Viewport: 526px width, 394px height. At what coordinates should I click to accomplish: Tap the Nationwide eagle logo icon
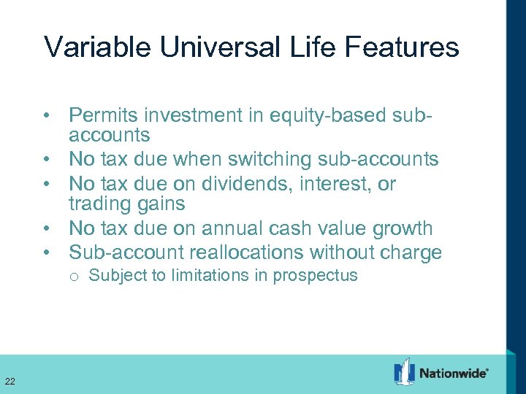[x=404, y=371]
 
